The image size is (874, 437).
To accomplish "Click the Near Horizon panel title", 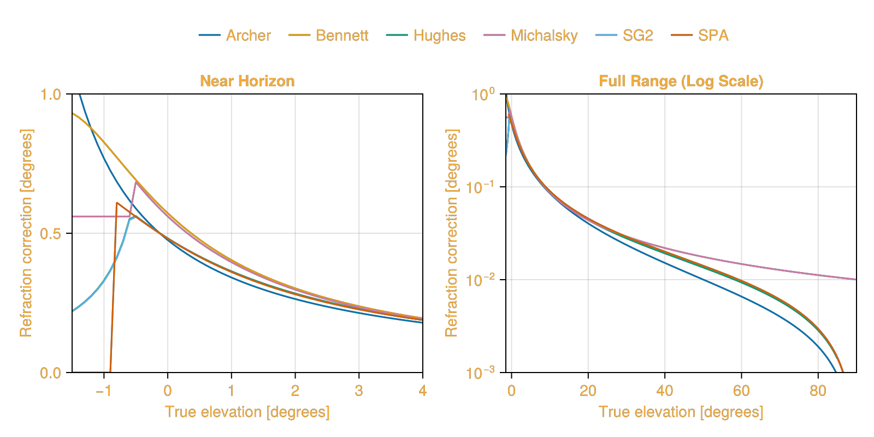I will coord(247,81).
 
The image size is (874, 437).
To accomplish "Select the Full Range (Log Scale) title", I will coord(681,81).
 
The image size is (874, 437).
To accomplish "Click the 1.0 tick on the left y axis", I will coord(51,95).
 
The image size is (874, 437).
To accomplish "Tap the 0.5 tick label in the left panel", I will coord(51,234).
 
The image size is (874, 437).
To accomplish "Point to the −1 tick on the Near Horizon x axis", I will coord(103,391).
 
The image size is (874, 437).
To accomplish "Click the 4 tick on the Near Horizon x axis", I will coord(422,391).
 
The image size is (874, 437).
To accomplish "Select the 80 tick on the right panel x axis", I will coord(818,391).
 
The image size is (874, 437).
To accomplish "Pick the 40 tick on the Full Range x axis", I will coord(664,391).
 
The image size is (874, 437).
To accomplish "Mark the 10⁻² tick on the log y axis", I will coord(480,280).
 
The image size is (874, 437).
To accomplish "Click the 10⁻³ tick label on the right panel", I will coord(480,373).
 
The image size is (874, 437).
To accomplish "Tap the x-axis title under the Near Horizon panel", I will coord(247,412).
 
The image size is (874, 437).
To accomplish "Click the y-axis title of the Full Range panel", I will coord(451,233).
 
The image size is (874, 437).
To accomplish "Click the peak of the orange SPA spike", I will coord(117,203).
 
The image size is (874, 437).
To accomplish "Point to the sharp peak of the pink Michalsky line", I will coord(135,182).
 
